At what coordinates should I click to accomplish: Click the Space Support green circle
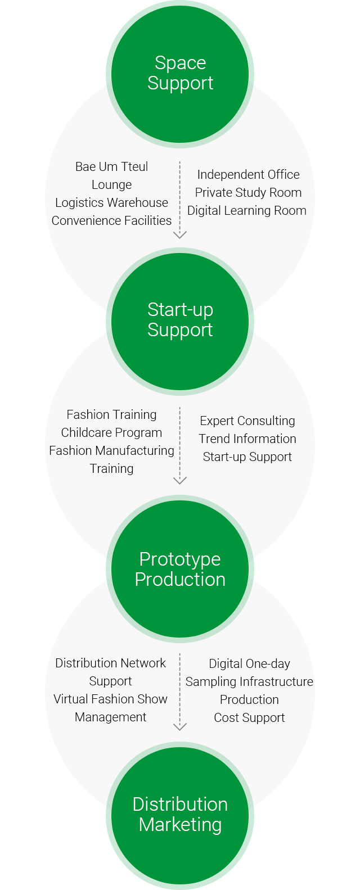(x=180, y=74)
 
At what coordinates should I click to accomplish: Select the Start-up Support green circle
(x=180, y=322)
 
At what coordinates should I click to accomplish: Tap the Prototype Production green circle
(x=180, y=569)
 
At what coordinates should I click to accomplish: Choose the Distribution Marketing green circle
(x=180, y=816)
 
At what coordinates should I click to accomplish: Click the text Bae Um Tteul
(x=111, y=166)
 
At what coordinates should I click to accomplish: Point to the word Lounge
(x=111, y=185)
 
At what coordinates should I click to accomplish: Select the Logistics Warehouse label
(x=111, y=202)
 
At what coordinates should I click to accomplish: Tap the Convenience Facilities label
(x=111, y=220)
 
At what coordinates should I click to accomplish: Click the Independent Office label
(x=249, y=174)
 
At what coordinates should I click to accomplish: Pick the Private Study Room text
(x=249, y=192)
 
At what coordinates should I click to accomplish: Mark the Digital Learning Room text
(x=247, y=211)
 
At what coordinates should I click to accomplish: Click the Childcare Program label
(x=111, y=432)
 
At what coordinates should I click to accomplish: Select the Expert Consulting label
(x=247, y=421)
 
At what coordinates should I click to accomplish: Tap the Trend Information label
(x=247, y=439)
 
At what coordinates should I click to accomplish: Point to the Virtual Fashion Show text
(x=110, y=699)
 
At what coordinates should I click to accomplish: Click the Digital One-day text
(x=250, y=663)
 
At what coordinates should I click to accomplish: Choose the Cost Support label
(x=250, y=717)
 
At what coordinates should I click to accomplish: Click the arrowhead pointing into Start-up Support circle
(x=180, y=235)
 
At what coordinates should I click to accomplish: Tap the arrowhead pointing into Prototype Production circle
(x=180, y=481)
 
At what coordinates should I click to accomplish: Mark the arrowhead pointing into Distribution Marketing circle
(x=180, y=727)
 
